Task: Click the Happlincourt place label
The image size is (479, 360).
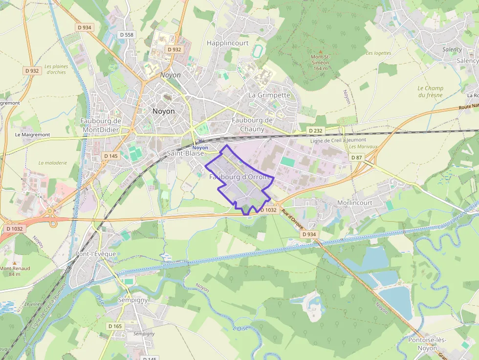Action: click(x=227, y=43)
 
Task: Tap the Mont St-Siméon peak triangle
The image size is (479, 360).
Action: click(x=321, y=51)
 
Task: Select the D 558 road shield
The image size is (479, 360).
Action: click(x=127, y=35)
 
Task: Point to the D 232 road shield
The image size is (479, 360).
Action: click(x=316, y=131)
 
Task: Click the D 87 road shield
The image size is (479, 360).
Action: click(x=357, y=157)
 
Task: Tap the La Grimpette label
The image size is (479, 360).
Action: click(x=269, y=95)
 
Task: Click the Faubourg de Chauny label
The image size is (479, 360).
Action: click(x=252, y=125)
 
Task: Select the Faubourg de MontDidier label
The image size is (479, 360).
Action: click(x=101, y=125)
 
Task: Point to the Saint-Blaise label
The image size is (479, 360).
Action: click(x=185, y=153)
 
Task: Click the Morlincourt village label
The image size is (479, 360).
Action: click(x=355, y=203)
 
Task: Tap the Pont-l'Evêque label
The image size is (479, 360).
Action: click(x=96, y=254)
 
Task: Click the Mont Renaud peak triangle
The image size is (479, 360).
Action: click(x=14, y=262)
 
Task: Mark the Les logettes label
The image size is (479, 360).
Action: click(x=378, y=53)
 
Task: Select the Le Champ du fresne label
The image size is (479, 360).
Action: click(x=430, y=92)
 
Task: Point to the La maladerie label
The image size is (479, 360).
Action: click(x=52, y=163)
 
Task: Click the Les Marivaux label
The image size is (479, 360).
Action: click(x=363, y=147)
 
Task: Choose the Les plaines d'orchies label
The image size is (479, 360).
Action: click(x=56, y=69)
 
